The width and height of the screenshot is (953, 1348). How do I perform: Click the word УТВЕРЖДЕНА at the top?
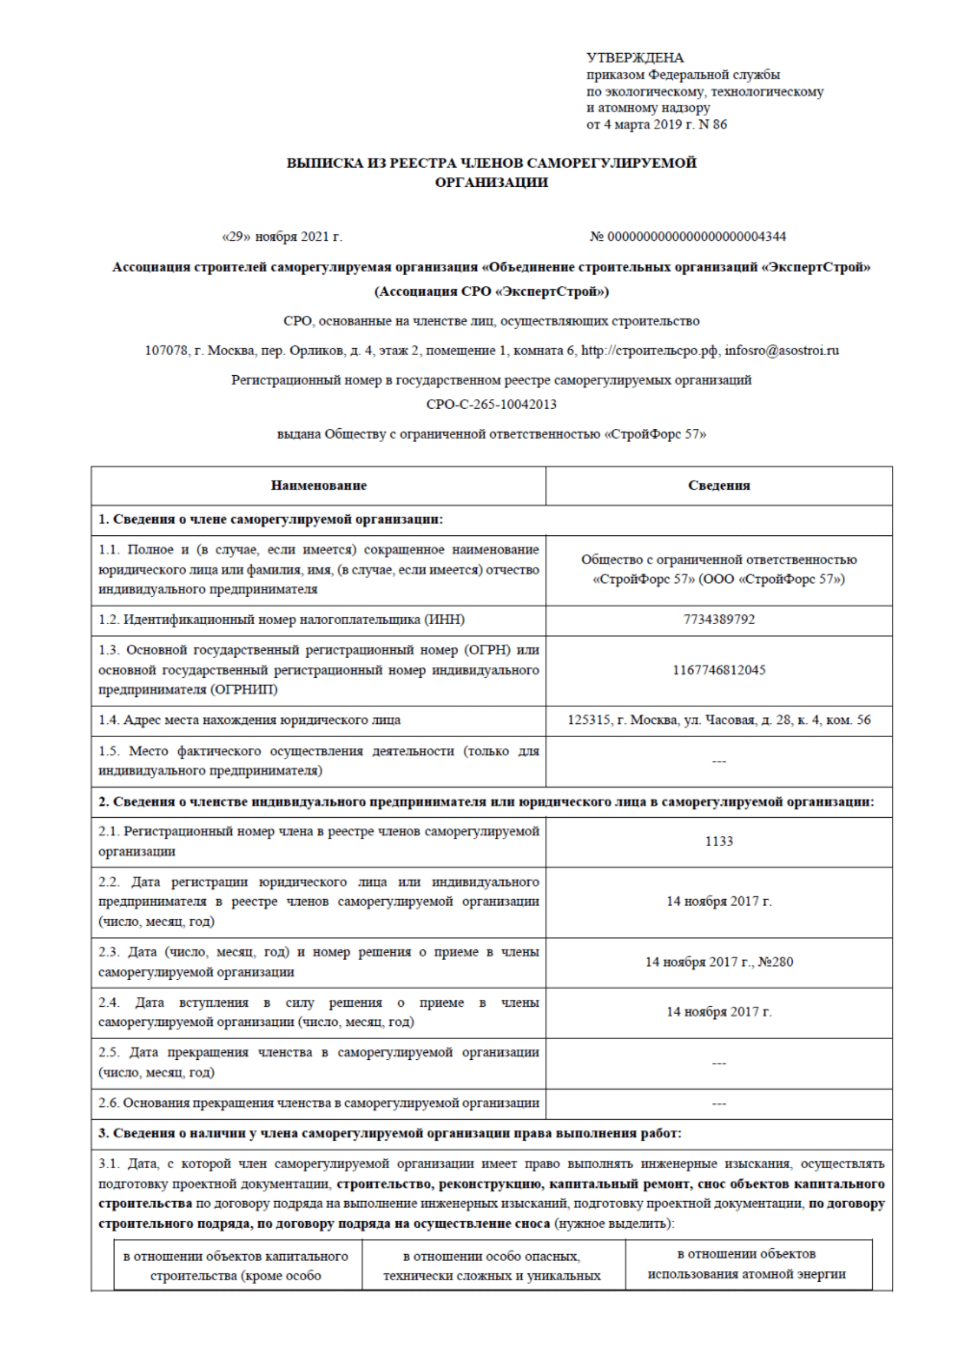pos(635,58)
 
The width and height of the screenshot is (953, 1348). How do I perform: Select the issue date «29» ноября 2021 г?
pos(281,237)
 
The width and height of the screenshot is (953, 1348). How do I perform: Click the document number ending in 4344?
pos(688,237)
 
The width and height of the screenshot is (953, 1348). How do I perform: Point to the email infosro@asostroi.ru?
pos(782,350)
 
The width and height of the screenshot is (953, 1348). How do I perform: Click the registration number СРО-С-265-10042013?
pos(491,405)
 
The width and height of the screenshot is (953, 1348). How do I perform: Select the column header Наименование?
pos(318,485)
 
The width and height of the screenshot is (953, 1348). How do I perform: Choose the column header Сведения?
pos(719,485)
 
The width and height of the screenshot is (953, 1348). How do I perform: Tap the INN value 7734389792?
pos(719,620)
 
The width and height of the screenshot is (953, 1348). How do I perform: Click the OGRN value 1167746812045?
pos(719,670)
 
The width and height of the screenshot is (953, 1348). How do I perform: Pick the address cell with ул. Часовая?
pos(719,720)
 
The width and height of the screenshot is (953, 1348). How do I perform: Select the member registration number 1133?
pos(719,841)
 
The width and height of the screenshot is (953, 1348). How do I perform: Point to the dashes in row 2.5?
pos(719,1063)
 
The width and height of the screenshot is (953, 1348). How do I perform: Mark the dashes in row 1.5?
pos(719,761)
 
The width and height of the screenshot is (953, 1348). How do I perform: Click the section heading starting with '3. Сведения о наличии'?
pos(389,1133)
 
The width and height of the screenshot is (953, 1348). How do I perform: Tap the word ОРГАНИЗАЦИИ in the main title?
pos(491,183)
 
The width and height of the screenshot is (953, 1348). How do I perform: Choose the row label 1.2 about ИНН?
pos(281,620)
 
